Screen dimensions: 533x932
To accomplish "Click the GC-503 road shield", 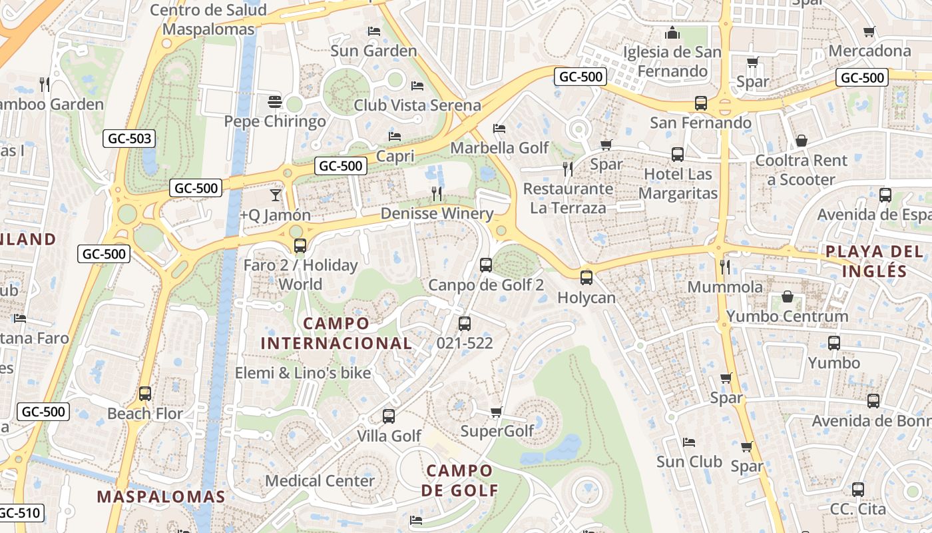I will (129, 139).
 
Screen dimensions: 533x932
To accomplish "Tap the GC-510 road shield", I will (20, 513).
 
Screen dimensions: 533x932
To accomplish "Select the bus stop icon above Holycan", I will (586, 278).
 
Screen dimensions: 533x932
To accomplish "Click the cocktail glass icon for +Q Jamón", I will (275, 195).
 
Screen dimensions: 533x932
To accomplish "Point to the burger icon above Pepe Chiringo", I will (275, 102).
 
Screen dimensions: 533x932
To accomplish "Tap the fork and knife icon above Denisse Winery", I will (437, 194).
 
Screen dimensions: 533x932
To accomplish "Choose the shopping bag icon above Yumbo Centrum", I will (788, 296).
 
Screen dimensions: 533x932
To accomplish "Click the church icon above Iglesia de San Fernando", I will (672, 33).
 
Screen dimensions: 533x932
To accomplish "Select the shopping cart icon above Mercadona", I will (869, 31).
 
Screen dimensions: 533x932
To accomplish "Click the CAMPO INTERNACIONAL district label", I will (336, 333).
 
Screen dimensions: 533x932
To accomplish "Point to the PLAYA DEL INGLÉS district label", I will (874, 261).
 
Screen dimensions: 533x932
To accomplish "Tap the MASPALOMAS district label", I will (161, 496).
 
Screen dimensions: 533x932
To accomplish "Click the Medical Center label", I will (320, 480).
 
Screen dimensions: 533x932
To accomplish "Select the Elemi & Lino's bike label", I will (302, 372).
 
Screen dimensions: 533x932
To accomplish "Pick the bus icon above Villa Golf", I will (389, 416).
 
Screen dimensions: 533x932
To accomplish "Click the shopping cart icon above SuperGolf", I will (496, 412).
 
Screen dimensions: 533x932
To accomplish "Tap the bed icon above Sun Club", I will (689, 442).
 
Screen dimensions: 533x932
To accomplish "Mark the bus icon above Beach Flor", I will (145, 394).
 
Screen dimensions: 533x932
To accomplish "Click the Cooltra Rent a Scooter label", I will (801, 170).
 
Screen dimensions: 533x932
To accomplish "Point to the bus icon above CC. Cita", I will (858, 490).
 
